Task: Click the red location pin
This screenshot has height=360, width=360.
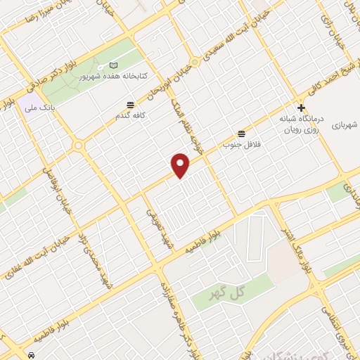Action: (181, 165)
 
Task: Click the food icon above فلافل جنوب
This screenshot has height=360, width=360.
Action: (243, 133)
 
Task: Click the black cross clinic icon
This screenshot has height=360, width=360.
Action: (302, 108)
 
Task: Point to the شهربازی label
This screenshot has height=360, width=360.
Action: (345, 124)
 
